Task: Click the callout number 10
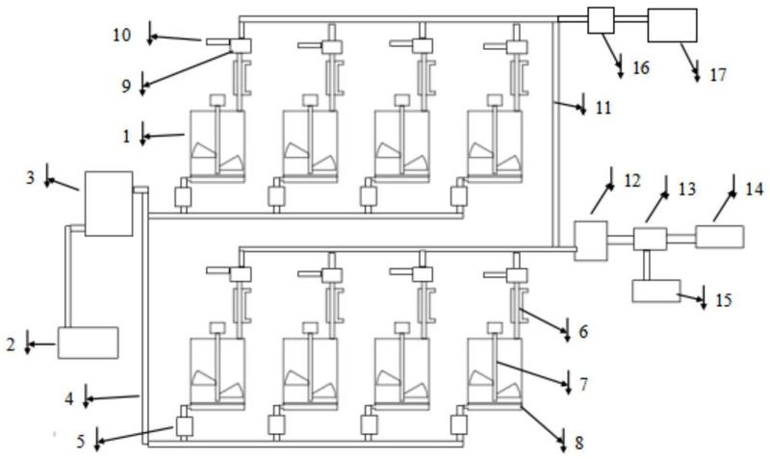tap(122, 36)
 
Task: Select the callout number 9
tap(127, 87)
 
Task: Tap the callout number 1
tap(127, 137)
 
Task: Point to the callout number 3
tap(31, 178)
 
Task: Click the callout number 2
tap(11, 345)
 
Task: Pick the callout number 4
tap(69, 399)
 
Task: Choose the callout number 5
tap(81, 442)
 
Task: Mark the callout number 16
tap(641, 67)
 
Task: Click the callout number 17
tap(717, 75)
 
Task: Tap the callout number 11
tap(603, 108)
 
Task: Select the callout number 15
tap(724, 300)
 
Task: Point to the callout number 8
tap(579, 443)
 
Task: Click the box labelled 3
tap(109, 204)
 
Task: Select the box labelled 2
tap(89, 343)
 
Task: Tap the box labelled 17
tap(672, 26)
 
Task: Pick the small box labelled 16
tap(601, 20)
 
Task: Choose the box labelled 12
tap(591, 241)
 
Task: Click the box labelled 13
tap(651, 239)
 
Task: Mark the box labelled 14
tap(720, 237)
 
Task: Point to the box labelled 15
tap(656, 292)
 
